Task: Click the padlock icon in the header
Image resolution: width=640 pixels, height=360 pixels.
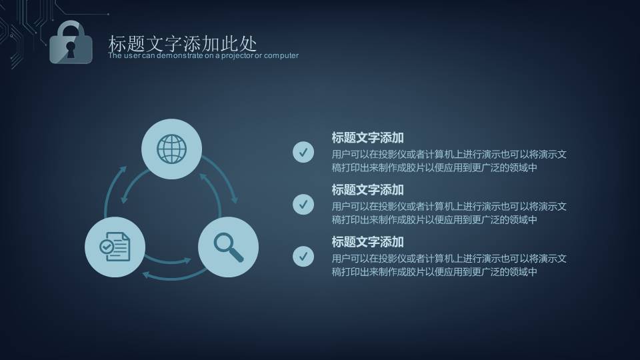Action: [x=71, y=44]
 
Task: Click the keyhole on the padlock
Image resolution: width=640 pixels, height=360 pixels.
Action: [x=71, y=48]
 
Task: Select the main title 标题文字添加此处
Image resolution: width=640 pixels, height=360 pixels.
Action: [x=182, y=43]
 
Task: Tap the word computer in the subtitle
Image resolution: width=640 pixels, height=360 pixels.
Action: [x=281, y=55]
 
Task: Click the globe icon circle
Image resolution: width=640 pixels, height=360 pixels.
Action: [x=172, y=149]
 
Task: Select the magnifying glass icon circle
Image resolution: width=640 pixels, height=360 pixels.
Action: [x=228, y=247]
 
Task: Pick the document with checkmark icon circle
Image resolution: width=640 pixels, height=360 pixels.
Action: [x=115, y=247]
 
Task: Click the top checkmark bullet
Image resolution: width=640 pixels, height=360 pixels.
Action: [x=303, y=153]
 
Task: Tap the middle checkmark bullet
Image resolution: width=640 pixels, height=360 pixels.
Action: [x=303, y=205]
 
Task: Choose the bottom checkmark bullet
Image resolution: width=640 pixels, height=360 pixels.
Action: [x=303, y=256]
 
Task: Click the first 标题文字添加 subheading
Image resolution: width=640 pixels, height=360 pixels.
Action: [x=367, y=138]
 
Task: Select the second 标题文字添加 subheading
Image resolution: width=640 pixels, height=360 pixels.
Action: [x=367, y=190]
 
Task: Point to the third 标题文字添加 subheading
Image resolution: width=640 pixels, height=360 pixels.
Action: [x=367, y=241]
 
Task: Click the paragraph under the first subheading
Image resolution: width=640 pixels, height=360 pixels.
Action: [x=449, y=161]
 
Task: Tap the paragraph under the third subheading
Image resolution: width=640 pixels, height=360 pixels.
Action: [x=449, y=265]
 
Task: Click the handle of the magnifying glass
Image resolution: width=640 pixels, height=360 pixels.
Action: [x=237, y=255]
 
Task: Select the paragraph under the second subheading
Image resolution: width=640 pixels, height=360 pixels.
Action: [x=449, y=213]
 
